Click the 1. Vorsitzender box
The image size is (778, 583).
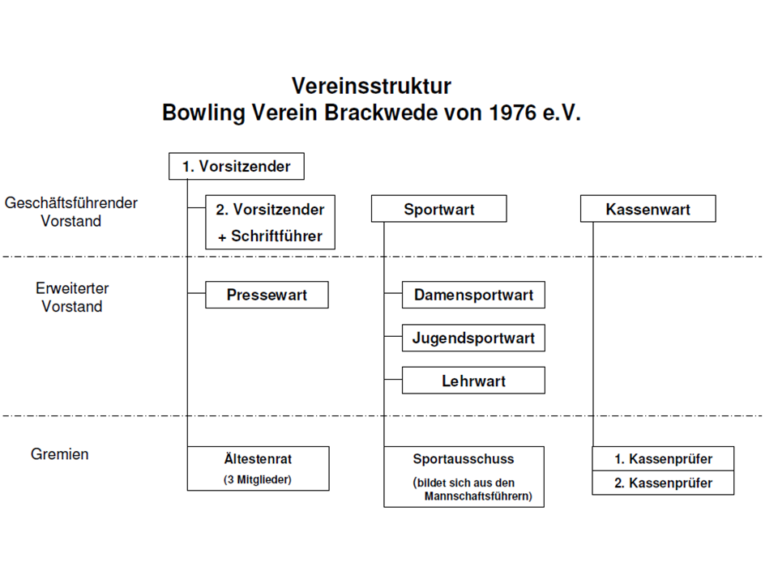[x=236, y=166]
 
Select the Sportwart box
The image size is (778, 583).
[x=438, y=209]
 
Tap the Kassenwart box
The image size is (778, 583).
[x=648, y=209]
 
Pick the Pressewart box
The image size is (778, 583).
[x=267, y=295]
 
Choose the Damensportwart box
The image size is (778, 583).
[x=473, y=295]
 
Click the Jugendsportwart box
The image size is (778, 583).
[x=473, y=338]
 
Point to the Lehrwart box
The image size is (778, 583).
[x=473, y=381]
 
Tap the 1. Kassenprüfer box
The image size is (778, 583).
[x=663, y=458]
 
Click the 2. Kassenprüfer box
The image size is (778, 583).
[x=663, y=483]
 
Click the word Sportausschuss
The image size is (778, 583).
[x=464, y=458]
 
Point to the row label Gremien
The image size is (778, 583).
[x=60, y=454]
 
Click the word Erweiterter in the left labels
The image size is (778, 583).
[x=72, y=288]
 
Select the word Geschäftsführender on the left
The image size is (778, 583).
[x=71, y=203]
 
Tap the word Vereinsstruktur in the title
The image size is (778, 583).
[x=371, y=87]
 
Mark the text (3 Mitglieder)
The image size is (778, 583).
[x=257, y=479]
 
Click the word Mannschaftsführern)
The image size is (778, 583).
[x=478, y=497]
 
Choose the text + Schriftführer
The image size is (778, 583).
[x=270, y=236]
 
